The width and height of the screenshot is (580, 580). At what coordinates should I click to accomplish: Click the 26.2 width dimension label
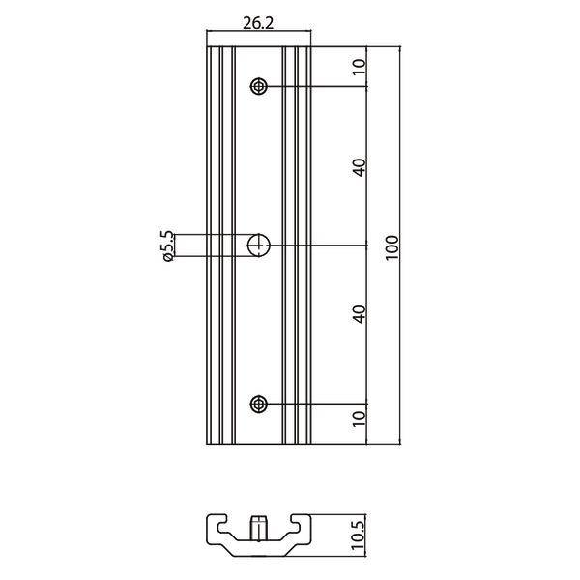click(256, 25)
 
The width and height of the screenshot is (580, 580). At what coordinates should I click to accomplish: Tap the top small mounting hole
click(258, 87)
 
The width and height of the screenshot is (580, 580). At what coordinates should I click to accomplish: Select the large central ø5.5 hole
click(258, 246)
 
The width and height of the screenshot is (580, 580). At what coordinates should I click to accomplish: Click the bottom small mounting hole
click(258, 403)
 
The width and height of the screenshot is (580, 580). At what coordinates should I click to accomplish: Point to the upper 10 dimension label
click(359, 67)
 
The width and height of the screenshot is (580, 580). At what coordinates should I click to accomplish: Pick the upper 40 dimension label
click(359, 166)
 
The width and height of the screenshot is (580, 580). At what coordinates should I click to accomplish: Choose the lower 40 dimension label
click(359, 314)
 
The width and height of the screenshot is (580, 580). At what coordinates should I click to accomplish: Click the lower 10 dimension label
click(359, 418)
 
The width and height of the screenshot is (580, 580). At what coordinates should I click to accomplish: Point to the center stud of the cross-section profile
click(258, 529)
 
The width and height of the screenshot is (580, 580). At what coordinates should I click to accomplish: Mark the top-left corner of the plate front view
click(208, 46)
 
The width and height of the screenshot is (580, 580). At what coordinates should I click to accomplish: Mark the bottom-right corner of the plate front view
click(309, 444)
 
